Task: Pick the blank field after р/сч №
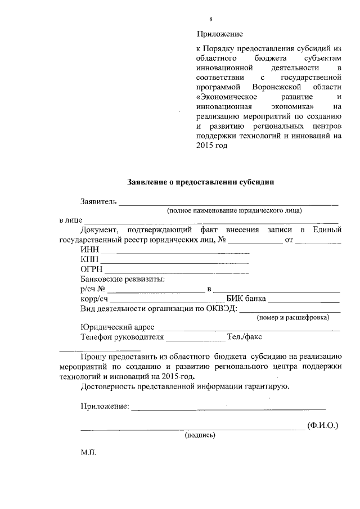click(156, 291)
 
